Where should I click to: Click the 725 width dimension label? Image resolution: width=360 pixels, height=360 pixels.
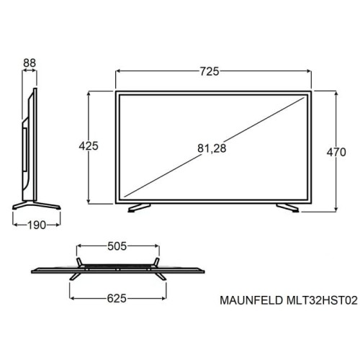click(x=210, y=71)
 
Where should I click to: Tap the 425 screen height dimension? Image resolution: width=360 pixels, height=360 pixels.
click(x=89, y=146)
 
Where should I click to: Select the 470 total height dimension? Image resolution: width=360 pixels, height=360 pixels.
click(x=336, y=152)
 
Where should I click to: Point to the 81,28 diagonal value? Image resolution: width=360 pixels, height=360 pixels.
click(x=212, y=148)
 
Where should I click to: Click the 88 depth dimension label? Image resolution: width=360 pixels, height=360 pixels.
click(x=30, y=63)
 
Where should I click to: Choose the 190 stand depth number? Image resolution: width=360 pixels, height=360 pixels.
click(x=37, y=225)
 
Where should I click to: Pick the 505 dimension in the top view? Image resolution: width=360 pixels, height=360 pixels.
click(x=117, y=246)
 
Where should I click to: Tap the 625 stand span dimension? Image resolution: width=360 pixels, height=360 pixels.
click(x=117, y=299)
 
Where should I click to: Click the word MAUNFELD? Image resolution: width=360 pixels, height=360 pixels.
click(x=251, y=300)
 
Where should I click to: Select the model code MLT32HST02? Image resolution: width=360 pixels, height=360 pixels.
click(x=322, y=300)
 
